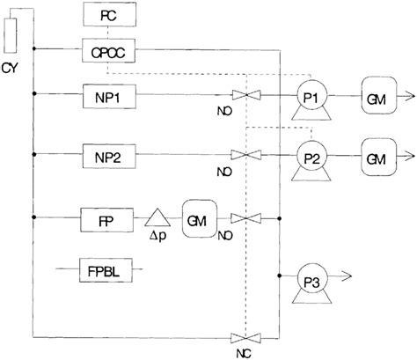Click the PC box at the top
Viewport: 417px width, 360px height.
point(107,15)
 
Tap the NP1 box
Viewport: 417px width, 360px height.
point(107,92)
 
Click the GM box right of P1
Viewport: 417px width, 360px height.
point(375,92)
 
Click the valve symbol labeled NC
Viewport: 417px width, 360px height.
point(243,337)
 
